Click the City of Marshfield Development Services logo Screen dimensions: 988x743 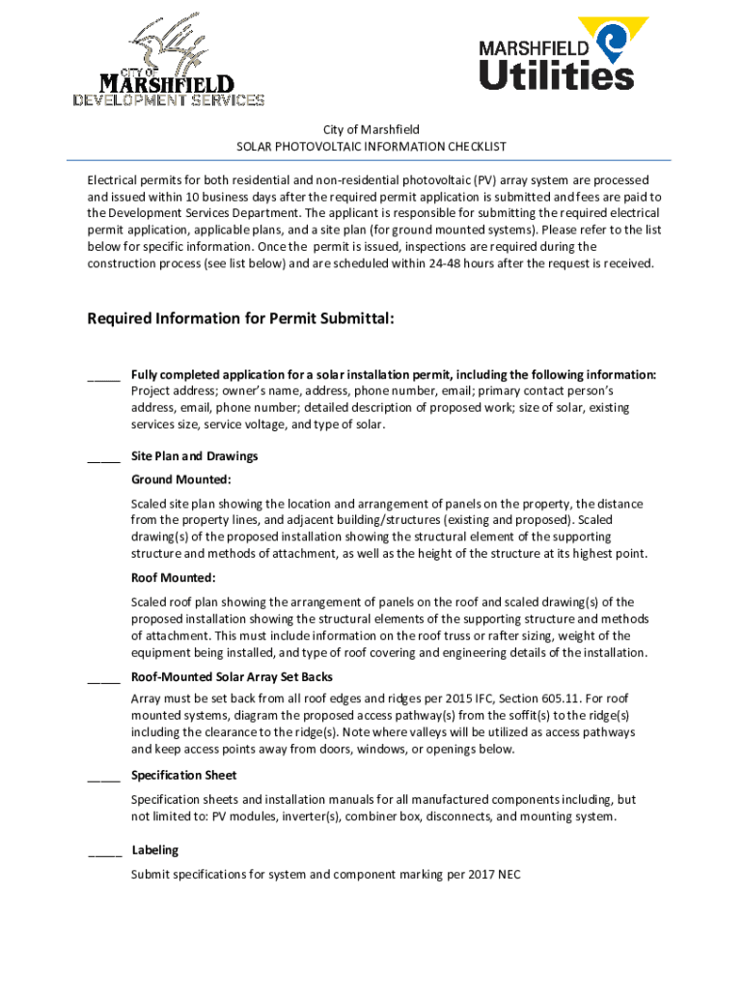click(169, 60)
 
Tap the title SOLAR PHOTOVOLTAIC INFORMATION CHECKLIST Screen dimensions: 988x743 click(371, 147)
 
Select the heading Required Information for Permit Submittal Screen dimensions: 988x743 click(240, 318)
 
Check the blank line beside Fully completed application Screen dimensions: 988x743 click(103, 376)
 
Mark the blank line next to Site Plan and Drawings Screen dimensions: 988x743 click(103, 457)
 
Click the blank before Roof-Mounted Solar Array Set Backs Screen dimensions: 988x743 click(103, 678)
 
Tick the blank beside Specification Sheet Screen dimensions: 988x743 click(103, 777)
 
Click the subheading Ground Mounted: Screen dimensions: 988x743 click(180, 480)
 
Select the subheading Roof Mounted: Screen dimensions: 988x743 click(173, 578)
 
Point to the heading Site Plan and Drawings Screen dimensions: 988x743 click(194, 456)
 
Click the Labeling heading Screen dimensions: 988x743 click(154, 850)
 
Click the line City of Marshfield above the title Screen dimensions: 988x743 click(371, 129)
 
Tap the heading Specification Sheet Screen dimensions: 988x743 click(183, 776)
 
